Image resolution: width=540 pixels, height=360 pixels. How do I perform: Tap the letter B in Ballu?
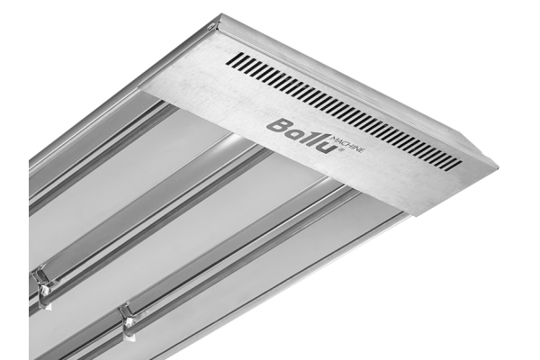tap(277, 126)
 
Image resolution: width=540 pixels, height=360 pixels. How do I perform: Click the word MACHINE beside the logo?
tap(346, 144)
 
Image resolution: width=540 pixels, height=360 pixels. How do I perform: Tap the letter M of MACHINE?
tap(333, 138)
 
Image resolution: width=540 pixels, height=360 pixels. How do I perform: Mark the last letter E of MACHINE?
tap(361, 150)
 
